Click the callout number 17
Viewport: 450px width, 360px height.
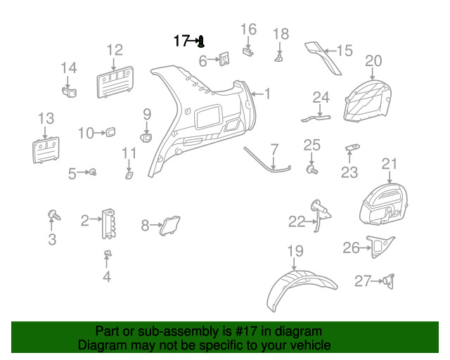pyautogui.click(x=181, y=41)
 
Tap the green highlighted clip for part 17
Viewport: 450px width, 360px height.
pyautogui.click(x=201, y=41)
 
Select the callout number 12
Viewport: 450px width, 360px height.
pyautogui.click(x=115, y=50)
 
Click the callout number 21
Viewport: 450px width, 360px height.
pyautogui.click(x=390, y=165)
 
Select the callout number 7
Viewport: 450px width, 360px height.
pyautogui.click(x=274, y=149)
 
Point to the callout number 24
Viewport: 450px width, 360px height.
pyautogui.click(x=321, y=97)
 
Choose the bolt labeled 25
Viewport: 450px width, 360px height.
pyautogui.click(x=312, y=169)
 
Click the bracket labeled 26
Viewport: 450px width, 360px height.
pyautogui.click(x=378, y=245)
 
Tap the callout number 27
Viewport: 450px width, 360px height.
pyautogui.click(x=361, y=281)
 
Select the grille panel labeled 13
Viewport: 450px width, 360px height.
pyautogui.click(x=45, y=150)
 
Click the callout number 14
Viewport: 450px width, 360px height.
pyautogui.click(x=68, y=68)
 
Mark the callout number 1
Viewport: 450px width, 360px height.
pyautogui.click(x=266, y=94)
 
